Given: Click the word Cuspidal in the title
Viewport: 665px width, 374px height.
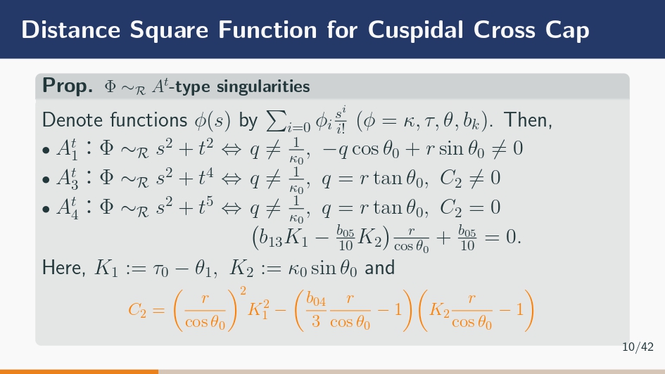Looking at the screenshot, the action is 416,30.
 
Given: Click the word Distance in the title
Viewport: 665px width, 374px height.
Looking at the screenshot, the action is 71,30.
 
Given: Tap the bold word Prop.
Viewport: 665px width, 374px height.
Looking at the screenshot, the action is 68,86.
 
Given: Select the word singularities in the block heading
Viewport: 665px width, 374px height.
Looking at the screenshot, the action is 263,86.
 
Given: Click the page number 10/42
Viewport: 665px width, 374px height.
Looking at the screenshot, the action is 638,347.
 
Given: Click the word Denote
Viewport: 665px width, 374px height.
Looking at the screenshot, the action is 72,120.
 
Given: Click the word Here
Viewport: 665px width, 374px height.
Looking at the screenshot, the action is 63,268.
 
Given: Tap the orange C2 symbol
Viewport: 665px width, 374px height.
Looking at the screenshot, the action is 137,310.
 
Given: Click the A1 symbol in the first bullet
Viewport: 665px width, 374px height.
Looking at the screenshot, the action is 67,150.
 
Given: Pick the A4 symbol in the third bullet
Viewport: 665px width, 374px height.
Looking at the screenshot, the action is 67,209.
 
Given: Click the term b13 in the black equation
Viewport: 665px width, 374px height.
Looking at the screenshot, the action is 270,238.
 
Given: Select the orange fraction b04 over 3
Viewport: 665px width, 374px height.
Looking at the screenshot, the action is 316,311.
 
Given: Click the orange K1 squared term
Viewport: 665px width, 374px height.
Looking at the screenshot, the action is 258,309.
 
